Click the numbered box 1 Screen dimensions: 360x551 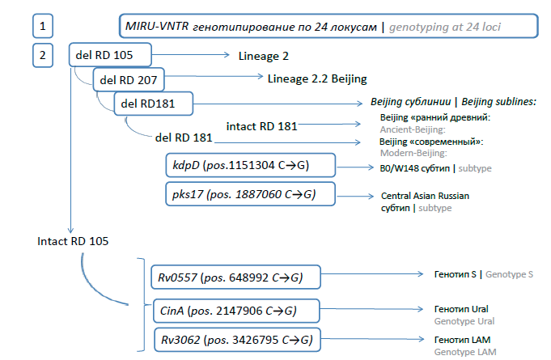click(x=42, y=27)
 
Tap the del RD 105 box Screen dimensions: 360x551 click(x=109, y=55)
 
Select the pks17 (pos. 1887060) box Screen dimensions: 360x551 click(x=248, y=195)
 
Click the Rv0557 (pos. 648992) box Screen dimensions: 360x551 click(x=236, y=277)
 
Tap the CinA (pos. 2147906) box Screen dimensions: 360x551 click(x=236, y=310)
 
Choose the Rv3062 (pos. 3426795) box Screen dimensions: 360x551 click(x=236, y=338)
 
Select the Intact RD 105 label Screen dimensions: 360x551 click(x=74, y=241)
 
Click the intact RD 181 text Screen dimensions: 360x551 click(x=261, y=125)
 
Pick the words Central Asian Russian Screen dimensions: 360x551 click(x=425, y=196)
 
